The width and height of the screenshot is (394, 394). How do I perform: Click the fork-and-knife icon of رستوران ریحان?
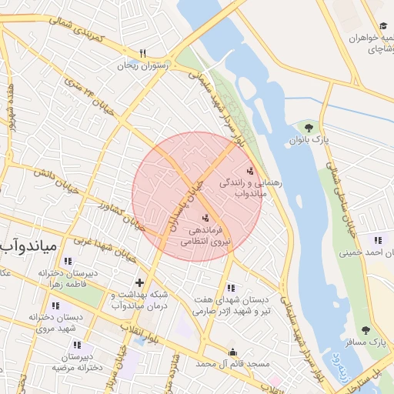(x=142, y=53)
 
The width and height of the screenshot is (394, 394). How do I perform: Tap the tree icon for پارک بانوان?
(x=309, y=127)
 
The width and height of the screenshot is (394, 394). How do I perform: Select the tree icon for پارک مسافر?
(x=366, y=330)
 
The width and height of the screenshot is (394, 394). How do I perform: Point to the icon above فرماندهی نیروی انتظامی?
(x=205, y=218)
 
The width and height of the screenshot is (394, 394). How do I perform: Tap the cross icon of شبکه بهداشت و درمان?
(x=139, y=282)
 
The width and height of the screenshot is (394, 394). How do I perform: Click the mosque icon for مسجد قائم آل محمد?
(x=232, y=352)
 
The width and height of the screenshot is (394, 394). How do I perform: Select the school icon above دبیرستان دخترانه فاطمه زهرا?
(x=68, y=261)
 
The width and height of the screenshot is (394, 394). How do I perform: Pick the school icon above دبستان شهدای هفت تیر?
(x=232, y=287)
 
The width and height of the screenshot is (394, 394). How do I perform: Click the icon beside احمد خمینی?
(x=376, y=239)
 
